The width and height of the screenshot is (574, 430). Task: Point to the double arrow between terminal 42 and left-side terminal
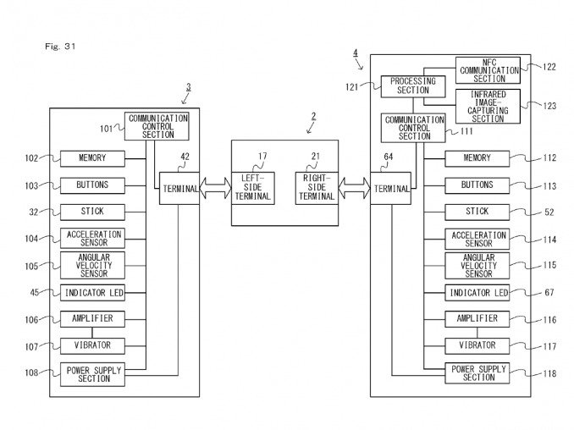(x=215, y=189)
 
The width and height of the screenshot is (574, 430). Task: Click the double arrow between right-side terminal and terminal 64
(x=354, y=189)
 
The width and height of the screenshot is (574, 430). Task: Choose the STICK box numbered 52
(x=478, y=212)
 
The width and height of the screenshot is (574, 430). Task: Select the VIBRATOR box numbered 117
(x=478, y=345)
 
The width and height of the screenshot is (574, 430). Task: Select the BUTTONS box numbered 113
(x=478, y=185)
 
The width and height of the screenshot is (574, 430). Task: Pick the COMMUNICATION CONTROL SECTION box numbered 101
(x=157, y=126)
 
